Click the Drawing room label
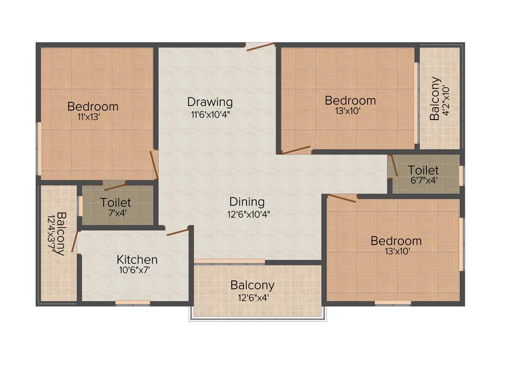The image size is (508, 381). pos(210,102)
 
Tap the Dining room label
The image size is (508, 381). pos(247,202)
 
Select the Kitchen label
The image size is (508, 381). pos(137,259)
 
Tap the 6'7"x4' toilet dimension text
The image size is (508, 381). pos(423,181)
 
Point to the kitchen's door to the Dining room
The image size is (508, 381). pos(178,231)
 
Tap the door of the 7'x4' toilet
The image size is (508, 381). pos(115,187)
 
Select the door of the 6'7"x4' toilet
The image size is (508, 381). pos(393,166)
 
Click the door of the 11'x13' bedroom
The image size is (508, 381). pos(154,165)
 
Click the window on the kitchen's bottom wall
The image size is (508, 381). pos(132,303)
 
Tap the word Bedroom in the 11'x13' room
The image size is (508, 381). pos(93,106)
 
